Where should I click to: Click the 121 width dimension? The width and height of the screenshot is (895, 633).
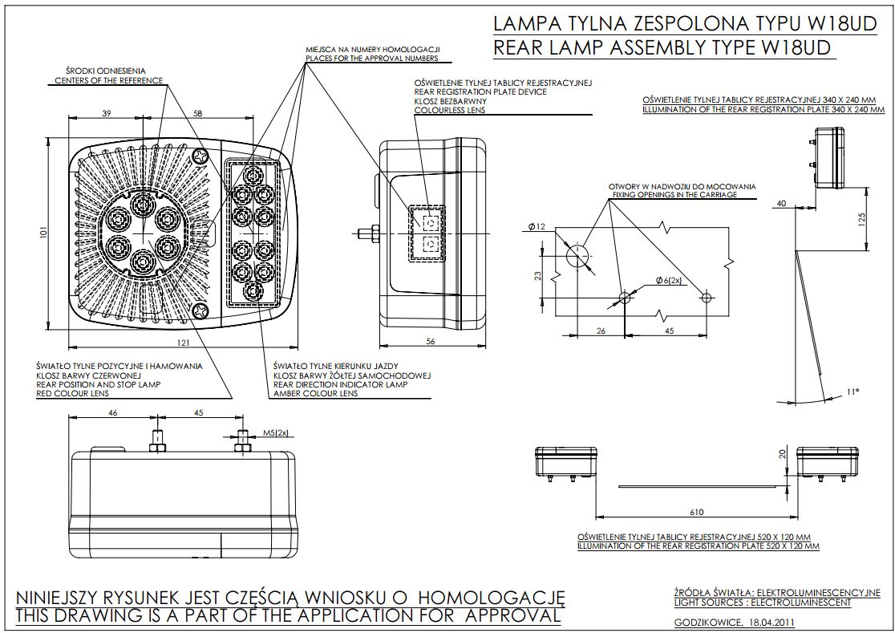coord(183,343)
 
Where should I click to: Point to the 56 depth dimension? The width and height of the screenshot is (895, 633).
coord(430,342)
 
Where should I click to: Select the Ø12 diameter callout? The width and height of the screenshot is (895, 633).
coord(537,227)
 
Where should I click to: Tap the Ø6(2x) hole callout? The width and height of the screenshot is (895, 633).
coord(667,280)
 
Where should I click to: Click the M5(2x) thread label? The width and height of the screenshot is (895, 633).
coord(274,432)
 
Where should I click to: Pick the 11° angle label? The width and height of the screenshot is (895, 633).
coord(852,392)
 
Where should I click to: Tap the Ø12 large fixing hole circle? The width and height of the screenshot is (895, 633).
coord(576,255)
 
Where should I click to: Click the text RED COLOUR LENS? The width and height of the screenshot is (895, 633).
coord(73,394)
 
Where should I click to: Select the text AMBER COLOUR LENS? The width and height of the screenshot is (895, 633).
coord(315,394)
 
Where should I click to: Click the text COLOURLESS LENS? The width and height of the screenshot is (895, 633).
coord(449,110)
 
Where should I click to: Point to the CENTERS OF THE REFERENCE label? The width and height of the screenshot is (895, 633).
coord(108,80)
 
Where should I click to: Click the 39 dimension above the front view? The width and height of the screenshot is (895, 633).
coord(107,114)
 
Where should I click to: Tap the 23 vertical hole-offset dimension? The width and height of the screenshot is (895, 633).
coord(538,275)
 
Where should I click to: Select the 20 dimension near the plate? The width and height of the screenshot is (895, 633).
coord(784,454)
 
